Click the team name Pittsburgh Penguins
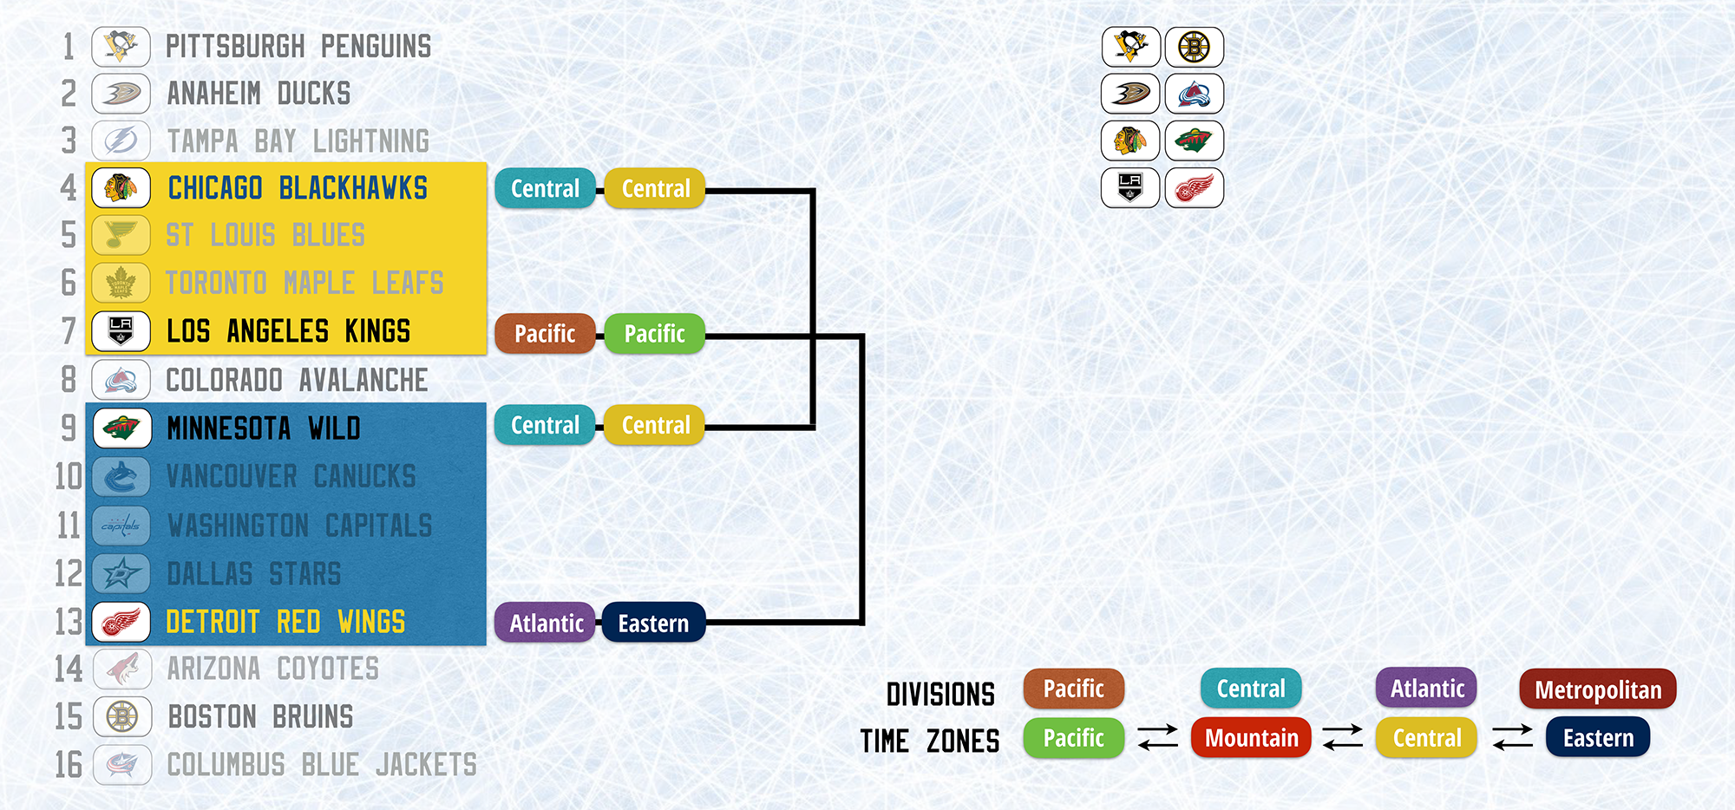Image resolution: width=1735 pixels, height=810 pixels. point(298,47)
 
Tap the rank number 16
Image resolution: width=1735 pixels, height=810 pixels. point(69,765)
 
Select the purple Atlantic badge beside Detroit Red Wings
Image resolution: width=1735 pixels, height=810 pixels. point(547,623)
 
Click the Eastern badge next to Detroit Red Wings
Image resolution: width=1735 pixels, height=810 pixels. point(653,623)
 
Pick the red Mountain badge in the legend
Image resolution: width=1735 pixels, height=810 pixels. point(1251,738)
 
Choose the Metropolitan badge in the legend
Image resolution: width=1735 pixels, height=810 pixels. point(1598,689)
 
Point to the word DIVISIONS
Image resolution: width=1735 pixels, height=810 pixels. point(940,695)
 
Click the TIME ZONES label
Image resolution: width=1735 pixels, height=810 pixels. point(929,741)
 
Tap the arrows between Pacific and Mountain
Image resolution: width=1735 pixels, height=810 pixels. point(1158,737)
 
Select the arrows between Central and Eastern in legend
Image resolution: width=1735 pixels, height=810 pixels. point(1512,737)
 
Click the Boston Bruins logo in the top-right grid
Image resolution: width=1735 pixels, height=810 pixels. point(1195,47)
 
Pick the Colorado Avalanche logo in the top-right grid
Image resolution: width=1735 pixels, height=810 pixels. point(1195,94)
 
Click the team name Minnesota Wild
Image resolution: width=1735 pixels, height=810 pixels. point(264,428)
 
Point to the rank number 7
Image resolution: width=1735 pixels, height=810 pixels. point(69,331)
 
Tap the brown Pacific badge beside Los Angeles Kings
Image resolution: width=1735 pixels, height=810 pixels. point(545,334)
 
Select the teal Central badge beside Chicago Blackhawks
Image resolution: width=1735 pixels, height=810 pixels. point(545,188)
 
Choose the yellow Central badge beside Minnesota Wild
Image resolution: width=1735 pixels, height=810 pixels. point(655,425)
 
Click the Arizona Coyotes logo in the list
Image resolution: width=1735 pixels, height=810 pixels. point(121,669)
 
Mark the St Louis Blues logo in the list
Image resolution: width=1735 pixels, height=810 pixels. point(121,235)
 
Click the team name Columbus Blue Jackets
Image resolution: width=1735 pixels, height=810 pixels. point(322,765)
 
